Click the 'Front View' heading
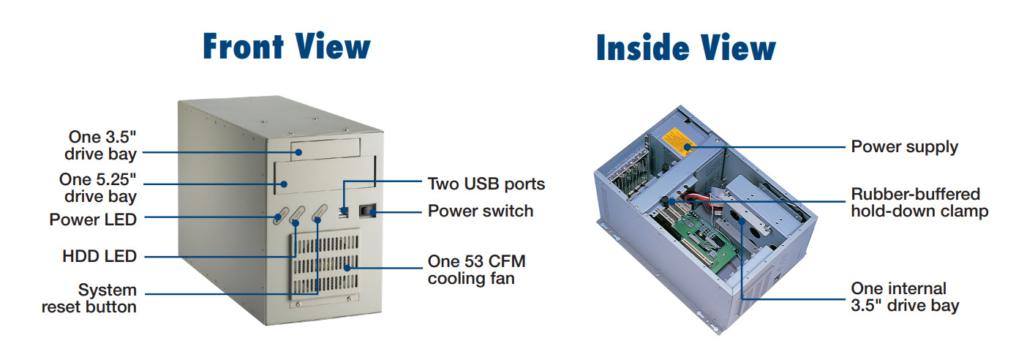tap(286, 46)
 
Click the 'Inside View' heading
tap(685, 48)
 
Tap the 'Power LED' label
tap(93, 219)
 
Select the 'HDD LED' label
tap(99, 256)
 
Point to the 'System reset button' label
tap(89, 299)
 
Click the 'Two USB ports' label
tap(486, 183)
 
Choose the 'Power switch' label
tap(481, 211)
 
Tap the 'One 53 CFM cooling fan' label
tap(477, 270)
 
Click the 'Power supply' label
tap(904, 146)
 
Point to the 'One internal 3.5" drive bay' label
tap(905, 297)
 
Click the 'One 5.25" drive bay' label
tap(98, 187)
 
